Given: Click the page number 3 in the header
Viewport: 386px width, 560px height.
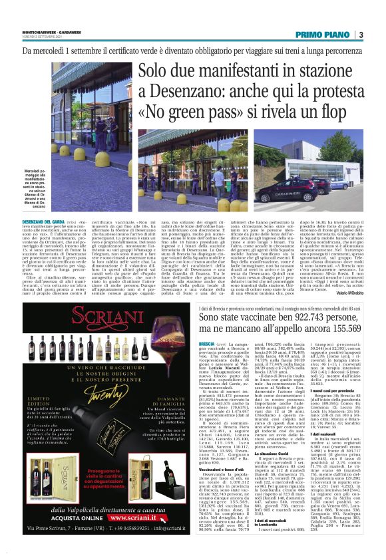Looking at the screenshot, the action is point(360,35).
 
